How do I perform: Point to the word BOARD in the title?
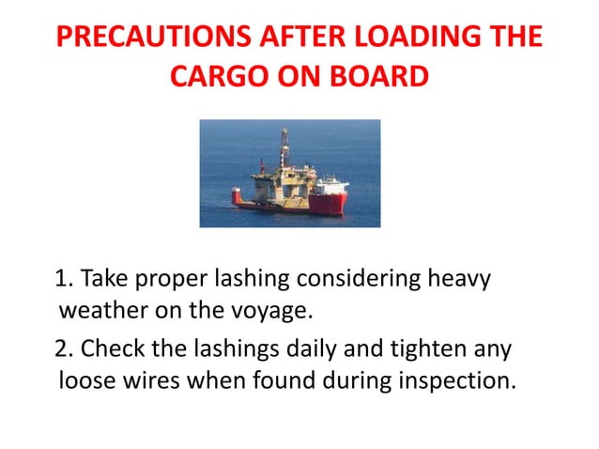(377, 79)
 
